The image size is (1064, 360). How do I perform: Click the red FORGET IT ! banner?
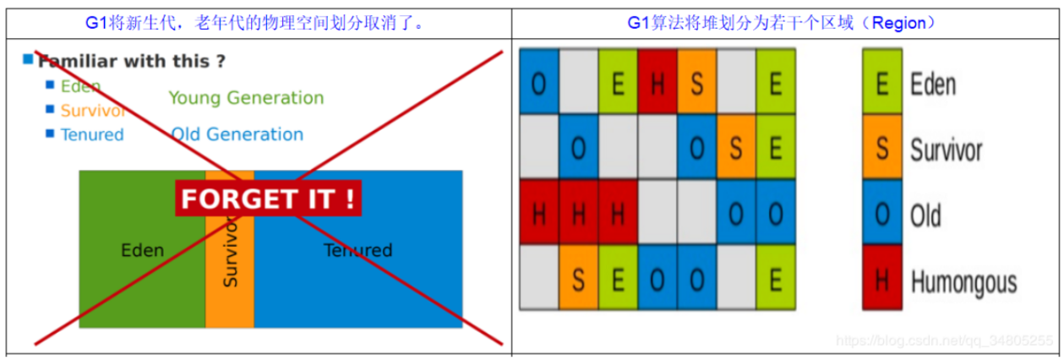tap(268, 199)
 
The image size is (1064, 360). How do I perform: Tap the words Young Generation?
tap(246, 98)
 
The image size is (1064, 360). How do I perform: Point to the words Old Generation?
tap(237, 134)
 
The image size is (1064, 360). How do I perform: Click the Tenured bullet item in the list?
tap(91, 135)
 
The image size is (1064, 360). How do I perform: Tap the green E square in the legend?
tap(881, 84)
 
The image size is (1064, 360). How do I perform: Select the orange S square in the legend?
tap(881, 150)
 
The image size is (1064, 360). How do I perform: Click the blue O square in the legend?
tap(881, 215)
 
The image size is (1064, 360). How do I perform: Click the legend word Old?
tap(925, 216)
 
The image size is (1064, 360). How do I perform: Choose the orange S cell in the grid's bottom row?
tap(578, 278)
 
